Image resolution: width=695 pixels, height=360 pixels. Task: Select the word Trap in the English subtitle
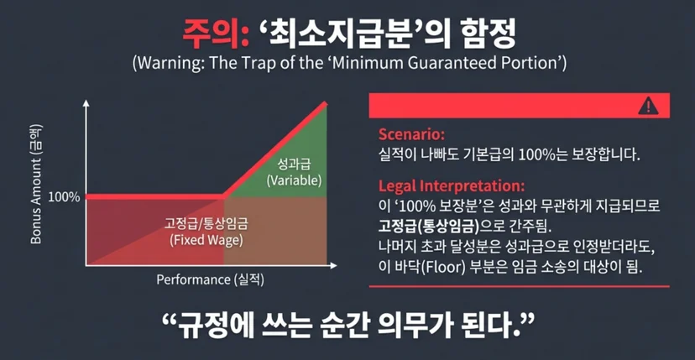point(255,62)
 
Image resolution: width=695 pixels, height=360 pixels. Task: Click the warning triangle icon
point(648,106)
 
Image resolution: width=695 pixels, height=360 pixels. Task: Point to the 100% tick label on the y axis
point(65,197)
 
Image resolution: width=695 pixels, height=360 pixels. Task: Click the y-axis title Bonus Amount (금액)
point(37,184)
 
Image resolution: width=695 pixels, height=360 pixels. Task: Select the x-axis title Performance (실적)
point(210,279)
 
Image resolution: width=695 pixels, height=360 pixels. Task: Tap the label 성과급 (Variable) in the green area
point(293,173)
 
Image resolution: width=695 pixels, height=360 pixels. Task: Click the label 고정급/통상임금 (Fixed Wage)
point(206,232)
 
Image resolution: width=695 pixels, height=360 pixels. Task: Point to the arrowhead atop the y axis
point(86,103)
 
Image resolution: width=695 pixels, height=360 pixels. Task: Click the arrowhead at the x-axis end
point(333,265)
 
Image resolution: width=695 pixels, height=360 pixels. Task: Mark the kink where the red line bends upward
point(224,196)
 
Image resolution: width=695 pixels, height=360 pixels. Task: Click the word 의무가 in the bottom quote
point(407,326)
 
